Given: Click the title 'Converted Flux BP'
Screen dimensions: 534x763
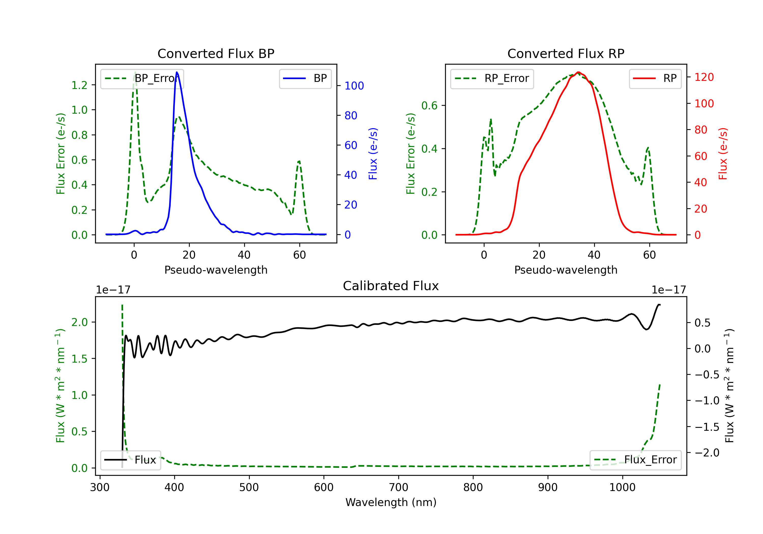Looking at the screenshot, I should pos(216,53).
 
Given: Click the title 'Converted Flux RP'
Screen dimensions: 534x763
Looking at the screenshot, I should pos(566,53).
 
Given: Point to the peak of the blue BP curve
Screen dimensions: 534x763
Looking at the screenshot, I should pos(177,72).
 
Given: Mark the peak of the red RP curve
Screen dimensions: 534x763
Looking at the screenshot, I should pos(578,72).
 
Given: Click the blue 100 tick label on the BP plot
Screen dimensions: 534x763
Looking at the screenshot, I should pos(354,86).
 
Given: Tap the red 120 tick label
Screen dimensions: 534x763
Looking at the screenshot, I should pos(704,77).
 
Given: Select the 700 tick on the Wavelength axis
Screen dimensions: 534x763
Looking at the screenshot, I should pos(399,487).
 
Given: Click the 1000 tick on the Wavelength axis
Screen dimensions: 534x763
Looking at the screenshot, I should pos(622,487).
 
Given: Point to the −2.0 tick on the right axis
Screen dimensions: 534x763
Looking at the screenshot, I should pos(707,453).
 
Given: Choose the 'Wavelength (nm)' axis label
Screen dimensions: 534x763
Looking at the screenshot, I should pos(391,502).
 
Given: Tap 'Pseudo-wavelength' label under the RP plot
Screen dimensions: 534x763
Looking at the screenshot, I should pos(566,270).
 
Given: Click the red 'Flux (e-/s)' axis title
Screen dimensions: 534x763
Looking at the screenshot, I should pos(723,154).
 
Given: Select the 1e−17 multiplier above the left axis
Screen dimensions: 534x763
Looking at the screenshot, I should pos(113,290).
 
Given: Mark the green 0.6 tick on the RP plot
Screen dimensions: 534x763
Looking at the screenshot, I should pos(429,106).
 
